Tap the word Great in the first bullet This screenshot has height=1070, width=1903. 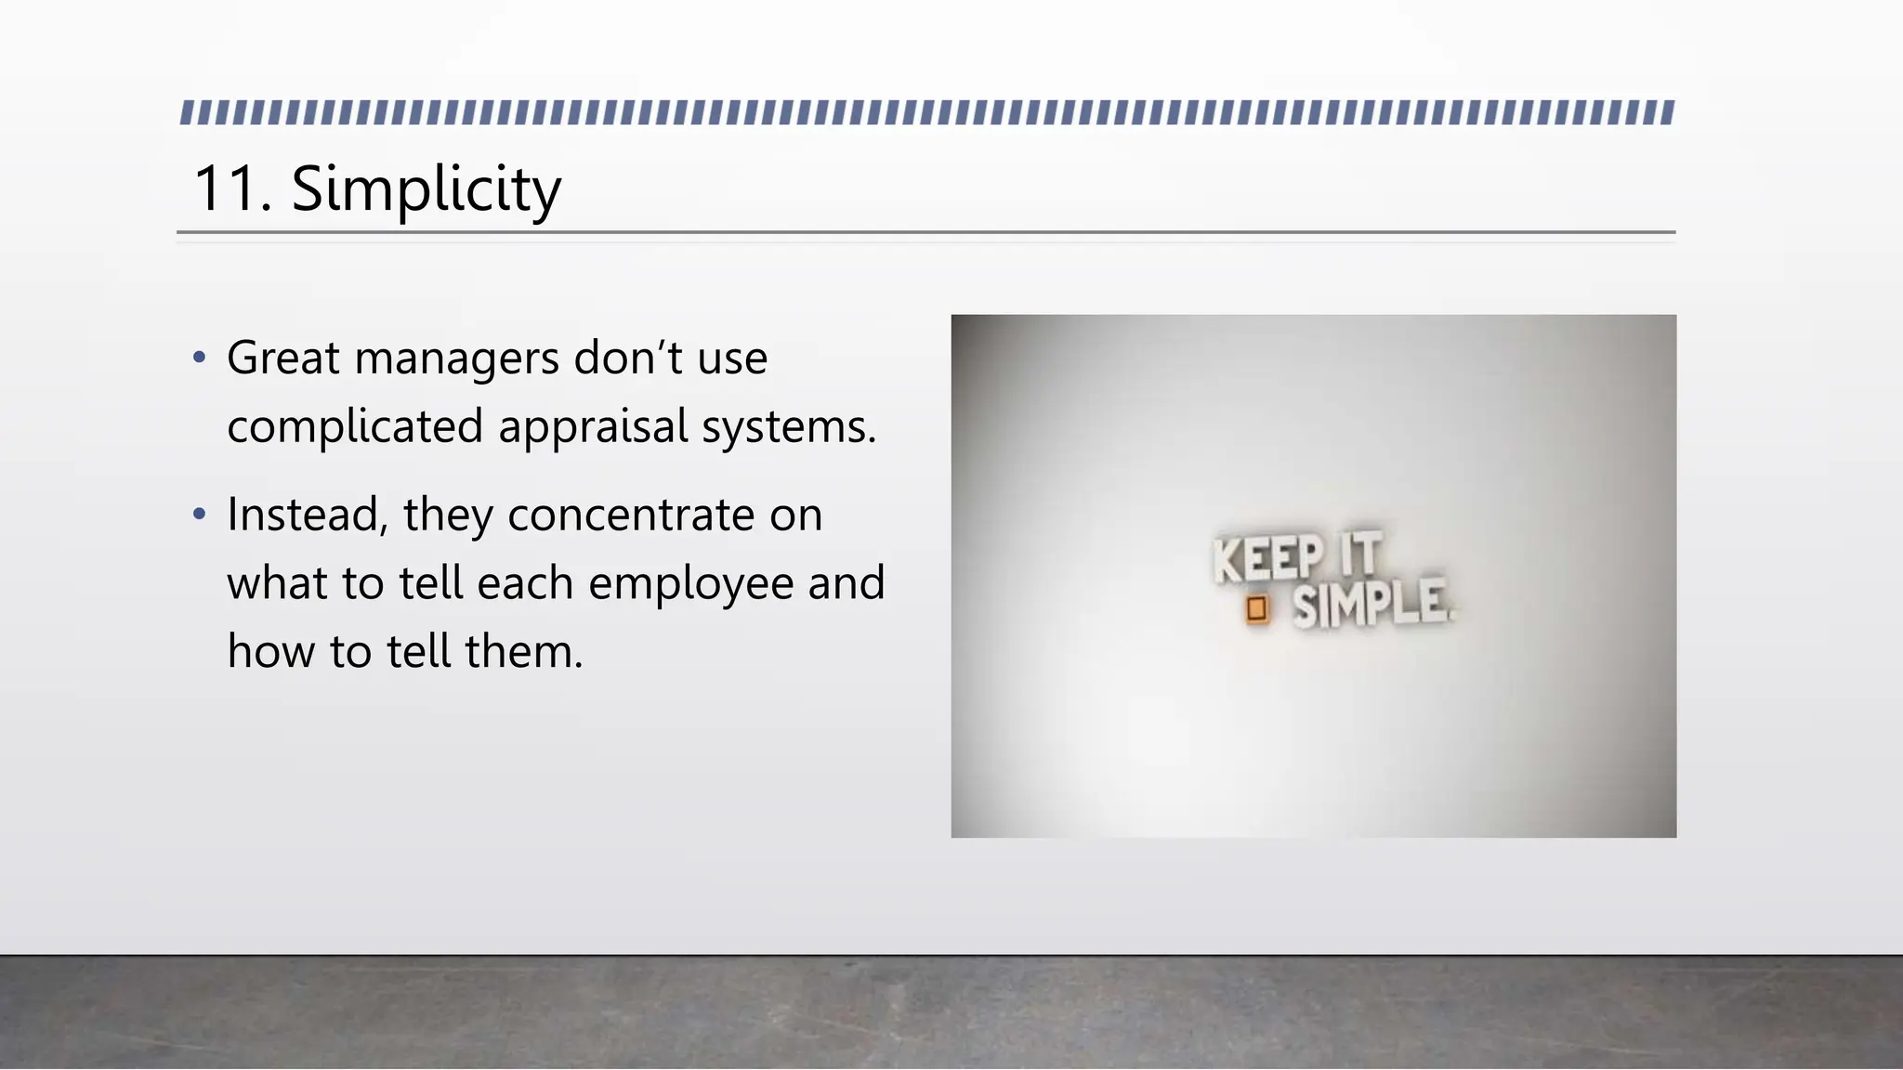[x=282, y=358]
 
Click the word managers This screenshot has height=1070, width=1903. [x=456, y=359]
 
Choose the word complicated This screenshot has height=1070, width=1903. [x=355, y=427]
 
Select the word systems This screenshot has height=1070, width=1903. [x=788, y=427]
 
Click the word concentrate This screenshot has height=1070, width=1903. [x=631, y=515]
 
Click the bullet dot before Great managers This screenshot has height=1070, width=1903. [x=199, y=358]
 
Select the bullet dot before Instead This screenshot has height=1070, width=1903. [x=199, y=514]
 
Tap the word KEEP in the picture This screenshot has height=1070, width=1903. [x=1268, y=559]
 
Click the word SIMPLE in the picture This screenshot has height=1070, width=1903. [x=1370, y=604]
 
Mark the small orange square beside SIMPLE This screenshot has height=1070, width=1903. [x=1256, y=609]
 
